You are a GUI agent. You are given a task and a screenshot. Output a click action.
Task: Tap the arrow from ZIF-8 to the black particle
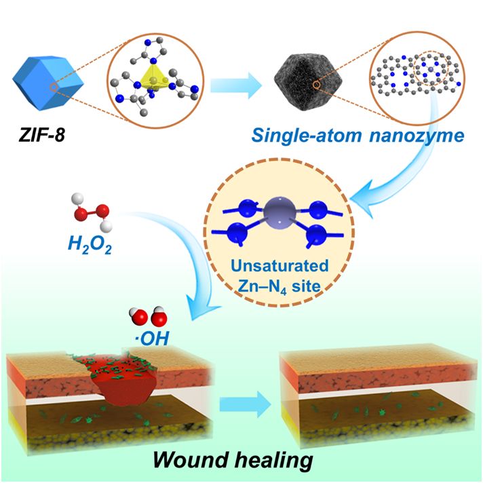(x=235, y=85)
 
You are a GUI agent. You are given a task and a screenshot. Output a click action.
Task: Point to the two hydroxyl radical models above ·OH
(x=149, y=315)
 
